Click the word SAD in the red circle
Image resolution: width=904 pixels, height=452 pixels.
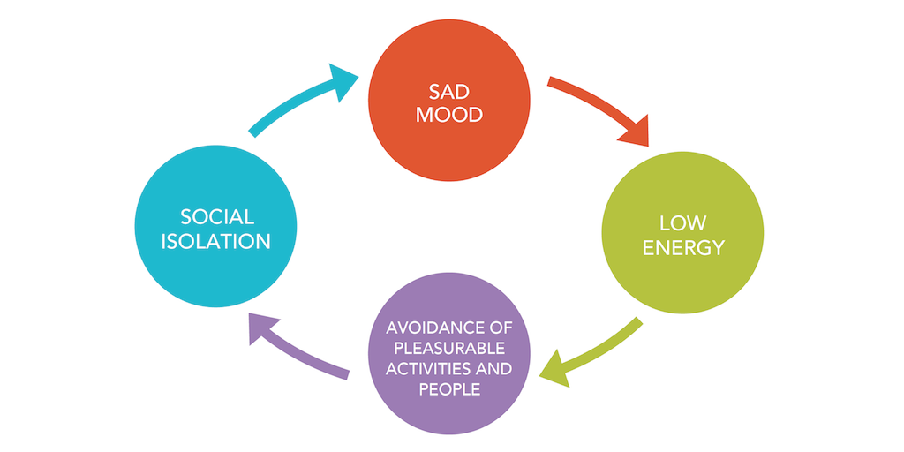(x=450, y=91)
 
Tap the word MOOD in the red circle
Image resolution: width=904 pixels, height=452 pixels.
(x=450, y=114)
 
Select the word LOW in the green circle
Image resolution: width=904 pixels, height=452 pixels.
(x=682, y=222)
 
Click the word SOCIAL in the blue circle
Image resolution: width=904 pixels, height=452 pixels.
(x=216, y=216)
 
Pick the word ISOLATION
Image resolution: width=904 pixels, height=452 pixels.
(x=216, y=240)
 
